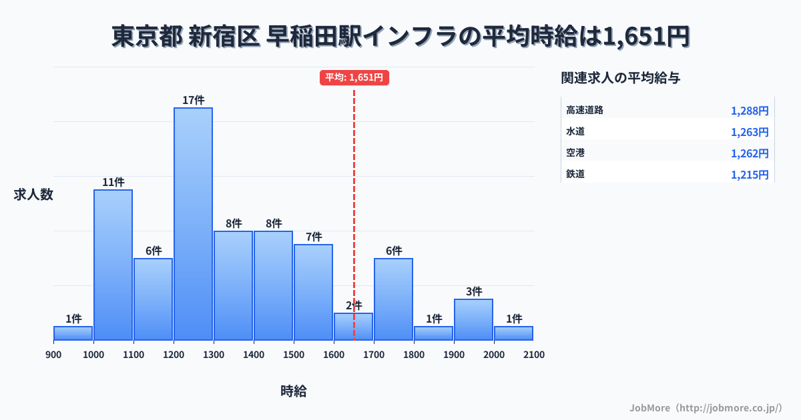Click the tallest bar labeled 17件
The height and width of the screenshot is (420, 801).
[x=194, y=223]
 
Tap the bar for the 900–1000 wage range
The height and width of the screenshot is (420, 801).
[x=73, y=333]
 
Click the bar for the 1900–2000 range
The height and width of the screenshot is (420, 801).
[x=474, y=319]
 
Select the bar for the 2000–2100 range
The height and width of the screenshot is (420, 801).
[x=514, y=333]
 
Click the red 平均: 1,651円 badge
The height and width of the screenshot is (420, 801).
[x=354, y=77]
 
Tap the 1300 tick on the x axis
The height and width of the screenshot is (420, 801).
[x=214, y=355]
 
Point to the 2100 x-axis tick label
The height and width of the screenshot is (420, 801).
[x=534, y=355]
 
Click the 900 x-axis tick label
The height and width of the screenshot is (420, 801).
[x=53, y=355]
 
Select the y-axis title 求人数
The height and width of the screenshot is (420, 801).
[x=33, y=195]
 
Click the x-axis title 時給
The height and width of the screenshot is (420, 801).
[x=294, y=391]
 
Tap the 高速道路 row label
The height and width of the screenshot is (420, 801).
[x=585, y=110]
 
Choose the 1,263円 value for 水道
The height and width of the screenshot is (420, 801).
[x=750, y=132]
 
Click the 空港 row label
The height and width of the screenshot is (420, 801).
[x=575, y=153]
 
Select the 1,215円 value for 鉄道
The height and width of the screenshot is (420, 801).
[x=750, y=175]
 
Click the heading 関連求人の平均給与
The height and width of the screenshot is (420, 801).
[x=621, y=78]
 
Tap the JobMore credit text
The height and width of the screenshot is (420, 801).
[x=706, y=407]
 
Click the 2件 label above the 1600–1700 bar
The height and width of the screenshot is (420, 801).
[x=354, y=305]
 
